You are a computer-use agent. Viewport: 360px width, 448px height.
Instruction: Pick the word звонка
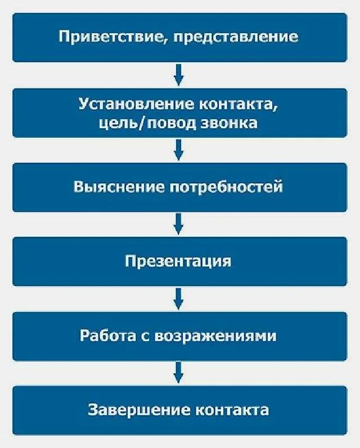[229, 123]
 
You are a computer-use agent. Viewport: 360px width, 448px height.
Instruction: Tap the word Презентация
[178, 261]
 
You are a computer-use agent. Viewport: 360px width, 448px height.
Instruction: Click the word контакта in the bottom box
[232, 409]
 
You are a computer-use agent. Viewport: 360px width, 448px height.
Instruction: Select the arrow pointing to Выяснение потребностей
[178, 149]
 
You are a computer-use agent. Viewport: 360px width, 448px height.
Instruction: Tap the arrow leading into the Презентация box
[178, 223]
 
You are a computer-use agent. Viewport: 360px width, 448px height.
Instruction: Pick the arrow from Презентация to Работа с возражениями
[178, 298]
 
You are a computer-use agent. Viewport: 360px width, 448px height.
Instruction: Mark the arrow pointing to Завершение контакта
[178, 372]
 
